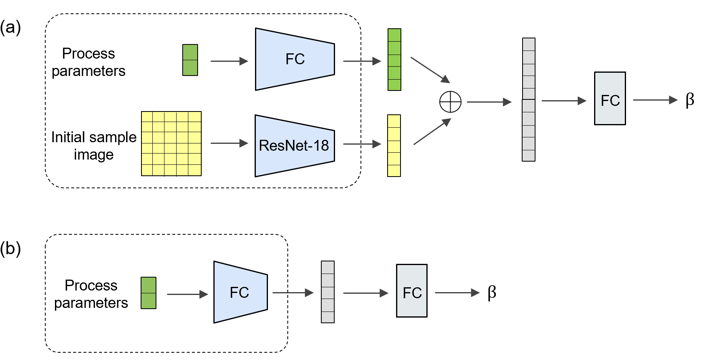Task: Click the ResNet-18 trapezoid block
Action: click(x=295, y=146)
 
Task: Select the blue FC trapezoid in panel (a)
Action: click(x=295, y=59)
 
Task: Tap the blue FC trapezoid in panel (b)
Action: click(x=240, y=292)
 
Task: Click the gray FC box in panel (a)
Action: click(x=609, y=99)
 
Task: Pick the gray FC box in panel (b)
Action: click(x=411, y=291)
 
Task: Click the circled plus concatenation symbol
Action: click(x=450, y=102)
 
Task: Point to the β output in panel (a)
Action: click(x=689, y=100)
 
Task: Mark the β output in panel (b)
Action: click(x=491, y=292)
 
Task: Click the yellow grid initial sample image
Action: click(x=171, y=144)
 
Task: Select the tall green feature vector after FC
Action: click(x=394, y=60)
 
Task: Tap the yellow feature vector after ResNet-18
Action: click(x=394, y=146)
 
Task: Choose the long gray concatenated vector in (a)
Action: click(x=528, y=100)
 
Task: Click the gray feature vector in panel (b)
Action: click(x=327, y=292)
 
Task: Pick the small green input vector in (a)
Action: click(x=190, y=60)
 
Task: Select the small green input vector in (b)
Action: click(x=148, y=293)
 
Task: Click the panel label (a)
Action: click(x=10, y=27)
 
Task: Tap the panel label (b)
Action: click(x=10, y=248)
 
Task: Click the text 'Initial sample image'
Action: click(x=94, y=146)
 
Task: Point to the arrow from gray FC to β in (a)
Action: click(x=655, y=100)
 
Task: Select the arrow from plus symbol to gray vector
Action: click(x=489, y=102)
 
